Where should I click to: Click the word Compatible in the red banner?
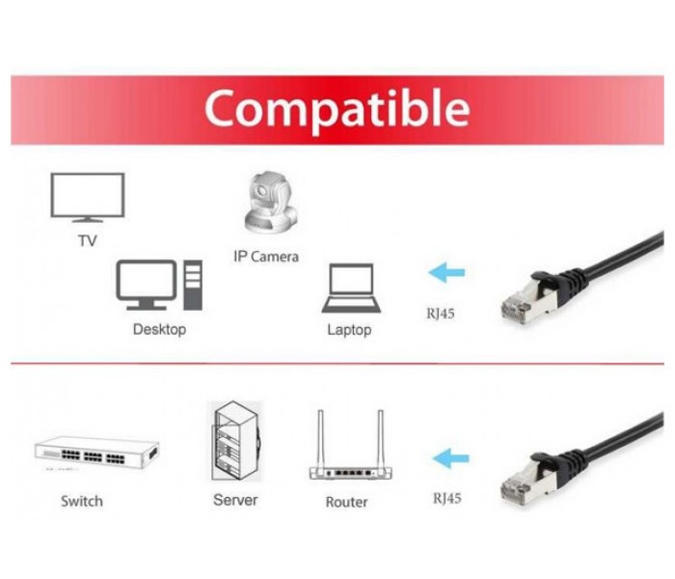[337, 109]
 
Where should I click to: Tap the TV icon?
[88, 197]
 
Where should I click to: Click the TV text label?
[88, 241]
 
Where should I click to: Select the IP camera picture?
[271, 203]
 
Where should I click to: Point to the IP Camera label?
[266, 257]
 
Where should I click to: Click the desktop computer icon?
[159, 285]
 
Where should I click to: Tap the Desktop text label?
[160, 330]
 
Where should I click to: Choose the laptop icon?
[351, 288]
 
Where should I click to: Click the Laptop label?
[349, 330]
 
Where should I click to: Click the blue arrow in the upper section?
[446, 272]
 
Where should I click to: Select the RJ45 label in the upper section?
[441, 314]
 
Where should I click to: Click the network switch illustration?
[96, 453]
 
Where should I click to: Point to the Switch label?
[82, 501]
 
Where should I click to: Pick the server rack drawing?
[235, 442]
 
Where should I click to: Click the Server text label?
[235, 500]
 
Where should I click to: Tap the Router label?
[346, 502]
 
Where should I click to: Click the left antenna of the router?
[320, 438]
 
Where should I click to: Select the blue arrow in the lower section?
[450, 458]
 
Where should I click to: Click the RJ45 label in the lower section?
[446, 499]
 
